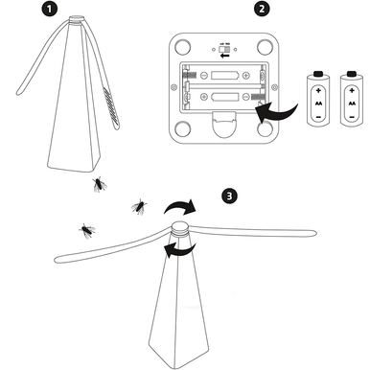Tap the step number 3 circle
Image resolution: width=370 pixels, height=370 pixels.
[x=228, y=196]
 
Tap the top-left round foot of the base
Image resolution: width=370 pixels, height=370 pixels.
[x=178, y=45]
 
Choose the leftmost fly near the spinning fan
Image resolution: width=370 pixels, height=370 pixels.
[x=87, y=229]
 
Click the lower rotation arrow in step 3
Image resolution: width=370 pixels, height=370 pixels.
[x=173, y=251]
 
